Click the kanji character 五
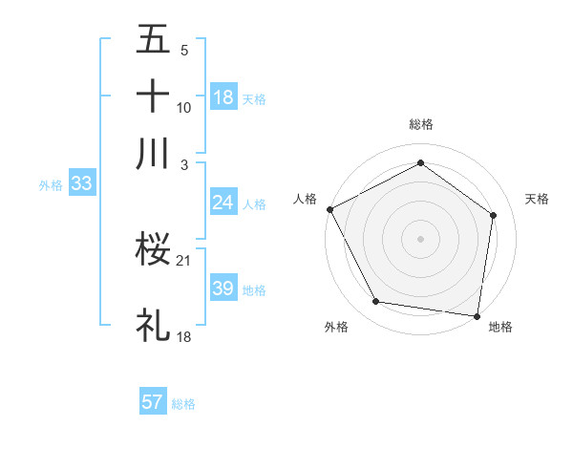pyautogui.click(x=153, y=40)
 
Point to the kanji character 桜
pyautogui.click(x=153, y=250)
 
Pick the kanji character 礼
pyautogui.click(x=153, y=326)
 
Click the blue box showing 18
pyautogui.click(x=223, y=97)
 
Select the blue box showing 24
pyautogui.click(x=223, y=203)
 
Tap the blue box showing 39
pyautogui.click(x=223, y=289)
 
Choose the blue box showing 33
pyautogui.click(x=80, y=184)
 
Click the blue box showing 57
pyautogui.click(x=153, y=402)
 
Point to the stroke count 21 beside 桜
pyautogui.click(x=185, y=260)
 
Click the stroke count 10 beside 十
pyautogui.click(x=184, y=107)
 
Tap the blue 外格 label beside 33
pyautogui.click(x=50, y=185)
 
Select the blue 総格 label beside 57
pyautogui.click(x=183, y=403)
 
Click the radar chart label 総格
pyautogui.click(x=421, y=124)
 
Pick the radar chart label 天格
pyautogui.click(x=538, y=199)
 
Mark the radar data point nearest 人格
pyautogui.click(x=329, y=209)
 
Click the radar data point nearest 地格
pyautogui.click(x=477, y=315)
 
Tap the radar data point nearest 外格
pyautogui.click(x=376, y=302)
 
